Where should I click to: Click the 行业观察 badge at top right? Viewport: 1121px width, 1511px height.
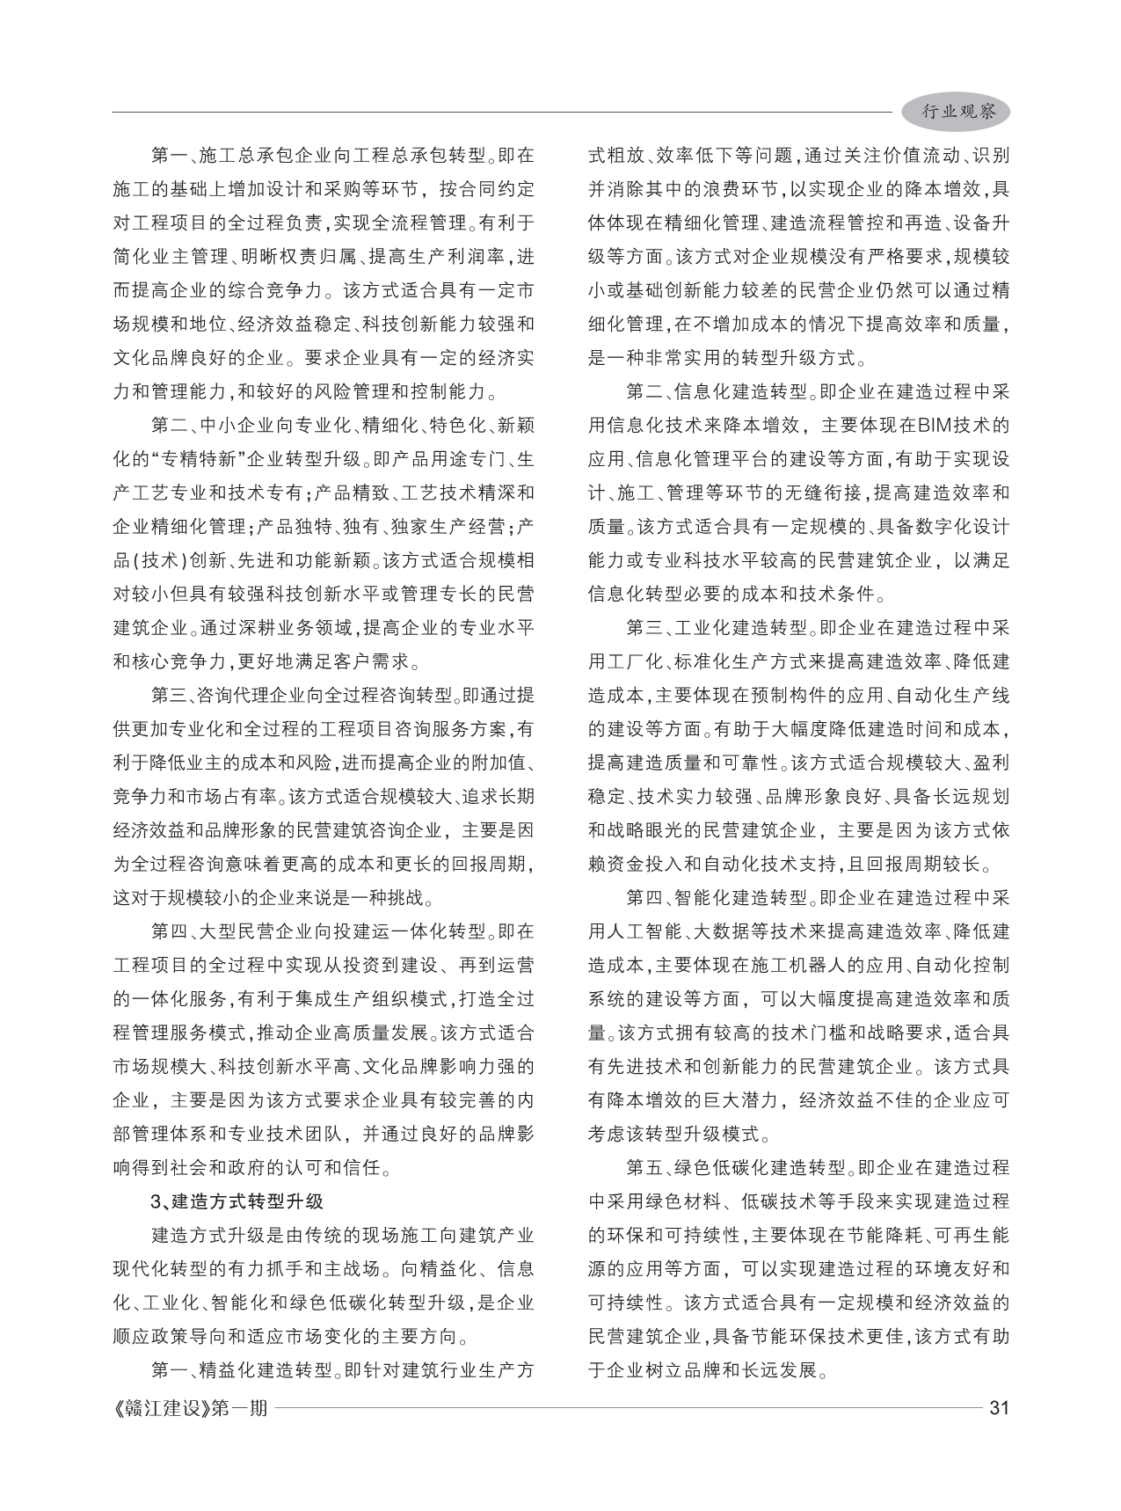click(958, 112)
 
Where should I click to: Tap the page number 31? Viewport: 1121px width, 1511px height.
click(999, 1407)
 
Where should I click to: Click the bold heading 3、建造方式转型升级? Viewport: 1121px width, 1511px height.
click(237, 1201)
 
